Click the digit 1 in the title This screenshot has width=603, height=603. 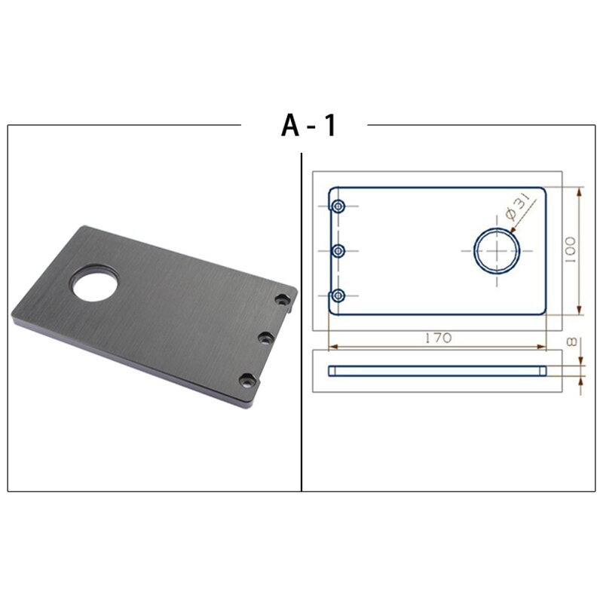(329, 125)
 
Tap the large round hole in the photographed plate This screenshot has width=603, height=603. (93, 283)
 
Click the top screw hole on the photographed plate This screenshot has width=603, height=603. (283, 300)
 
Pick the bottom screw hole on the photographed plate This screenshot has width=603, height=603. (246, 380)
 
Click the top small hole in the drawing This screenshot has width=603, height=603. (338, 206)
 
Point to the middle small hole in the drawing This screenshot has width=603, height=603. (338, 250)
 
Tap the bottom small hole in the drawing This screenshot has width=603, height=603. (338, 295)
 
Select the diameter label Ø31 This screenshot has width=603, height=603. (519, 207)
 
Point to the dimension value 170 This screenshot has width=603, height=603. (437, 338)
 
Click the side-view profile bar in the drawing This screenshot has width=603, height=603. (437, 370)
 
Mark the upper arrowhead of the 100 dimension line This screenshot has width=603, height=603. (580, 191)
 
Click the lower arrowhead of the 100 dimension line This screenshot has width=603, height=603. (580, 311)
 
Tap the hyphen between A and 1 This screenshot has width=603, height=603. (311, 127)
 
